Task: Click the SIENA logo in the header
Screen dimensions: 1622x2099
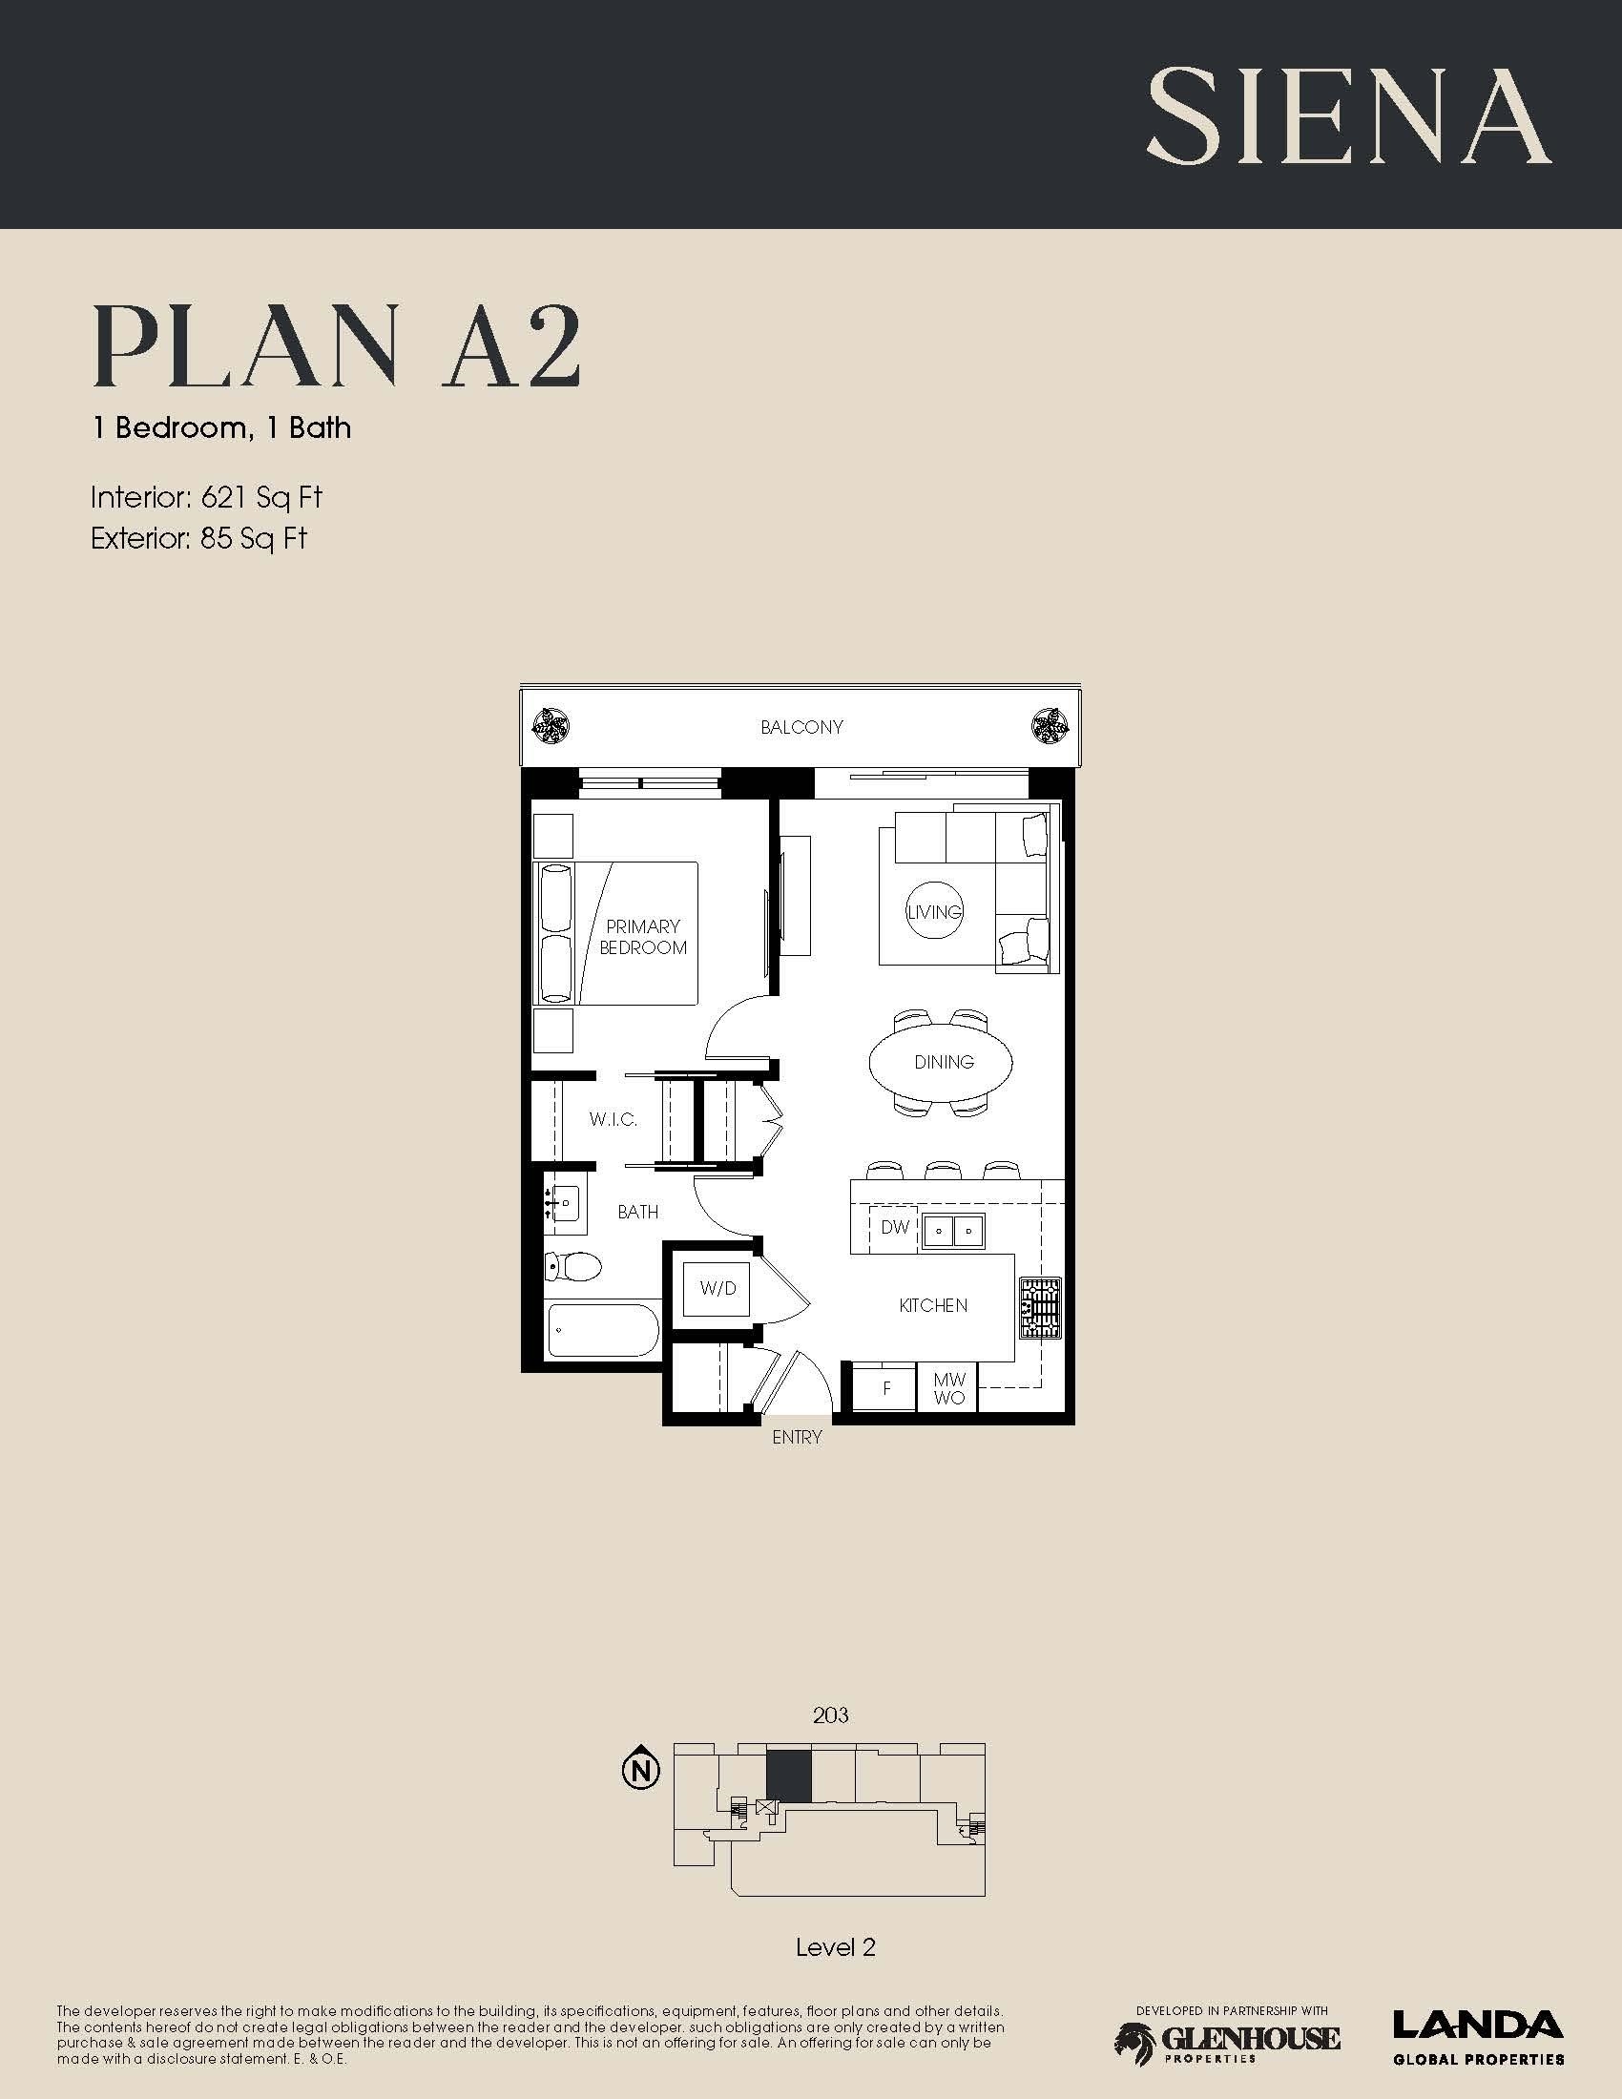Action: tap(1348, 116)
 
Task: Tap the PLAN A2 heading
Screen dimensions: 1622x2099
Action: tap(336, 347)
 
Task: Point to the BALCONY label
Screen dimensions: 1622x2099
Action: tap(801, 728)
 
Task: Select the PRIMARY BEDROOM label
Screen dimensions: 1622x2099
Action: tap(643, 937)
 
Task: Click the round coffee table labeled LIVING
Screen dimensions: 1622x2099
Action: tap(935, 911)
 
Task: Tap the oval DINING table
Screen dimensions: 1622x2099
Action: tap(942, 1061)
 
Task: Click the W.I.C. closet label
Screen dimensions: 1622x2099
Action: tap(613, 1120)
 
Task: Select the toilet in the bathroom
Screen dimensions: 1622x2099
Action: tap(572, 1267)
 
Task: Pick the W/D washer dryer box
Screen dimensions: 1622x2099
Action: tap(717, 1288)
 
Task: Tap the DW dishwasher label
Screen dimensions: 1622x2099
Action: tap(895, 1227)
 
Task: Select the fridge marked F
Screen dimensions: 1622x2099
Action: tap(885, 1388)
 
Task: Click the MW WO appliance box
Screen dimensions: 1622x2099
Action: tap(948, 1388)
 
